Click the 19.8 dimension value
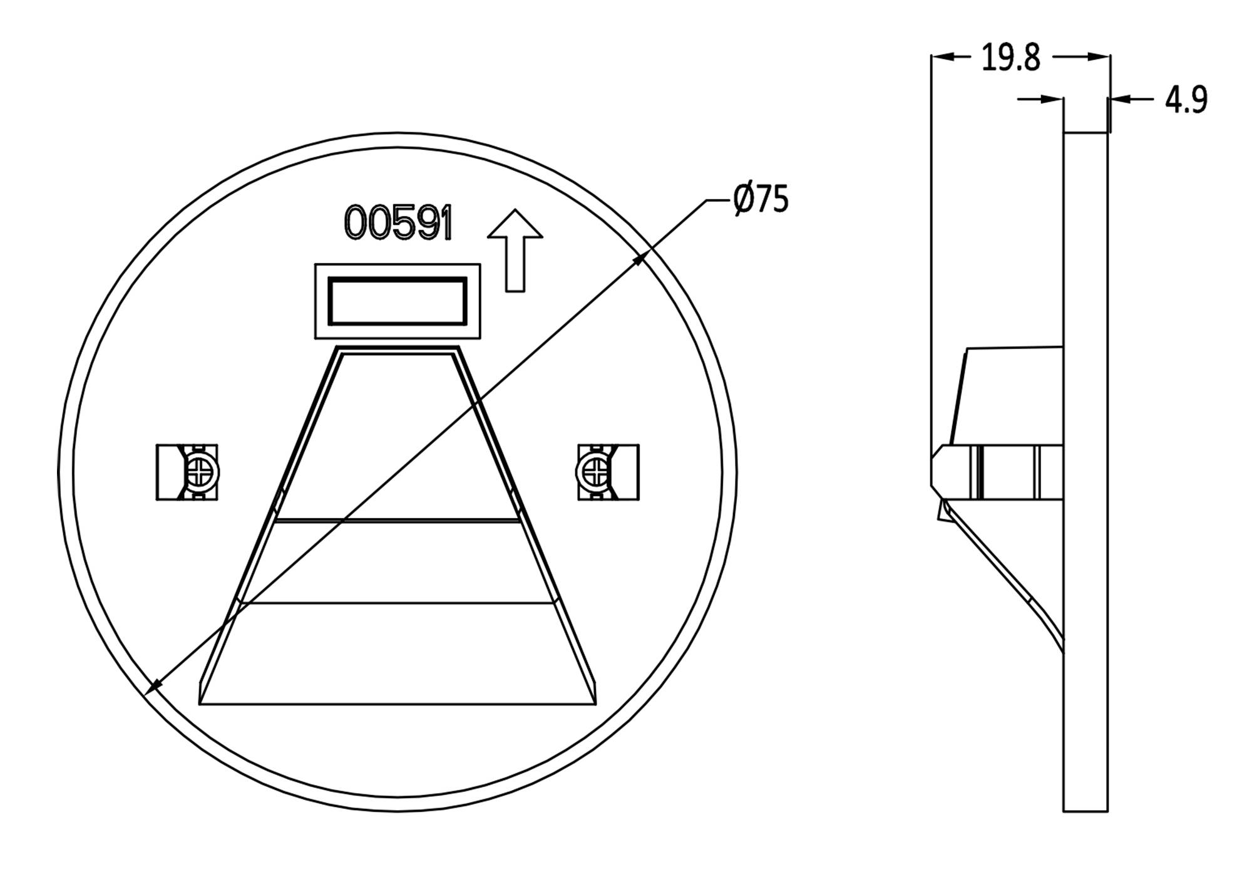click(x=1010, y=58)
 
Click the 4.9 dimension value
click(x=1186, y=100)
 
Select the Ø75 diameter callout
click(x=761, y=199)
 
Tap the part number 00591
click(x=398, y=223)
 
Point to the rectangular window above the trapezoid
click(x=398, y=301)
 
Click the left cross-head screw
click(x=201, y=472)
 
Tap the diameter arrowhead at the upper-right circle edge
click(x=641, y=257)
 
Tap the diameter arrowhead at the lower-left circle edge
click(x=152, y=688)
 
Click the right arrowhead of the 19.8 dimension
click(x=1100, y=57)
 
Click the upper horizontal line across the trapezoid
click(x=398, y=520)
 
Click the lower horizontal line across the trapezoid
click(x=398, y=603)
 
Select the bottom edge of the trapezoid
click(x=398, y=704)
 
